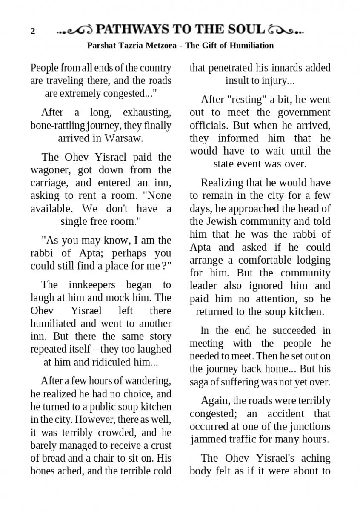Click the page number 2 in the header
tap(32, 32)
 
